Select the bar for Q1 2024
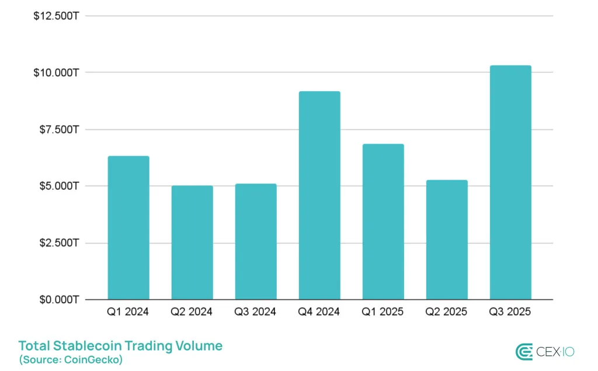point(128,228)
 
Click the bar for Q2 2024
point(192,242)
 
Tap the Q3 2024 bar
point(256,242)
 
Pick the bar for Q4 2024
point(319,196)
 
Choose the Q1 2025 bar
point(383,222)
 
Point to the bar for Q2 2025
point(447,240)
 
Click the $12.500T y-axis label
point(57,16)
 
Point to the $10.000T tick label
point(57,72)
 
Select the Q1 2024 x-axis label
point(128,312)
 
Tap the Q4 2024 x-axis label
point(319,312)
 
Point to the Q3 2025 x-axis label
point(510,312)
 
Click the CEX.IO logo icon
point(524,352)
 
